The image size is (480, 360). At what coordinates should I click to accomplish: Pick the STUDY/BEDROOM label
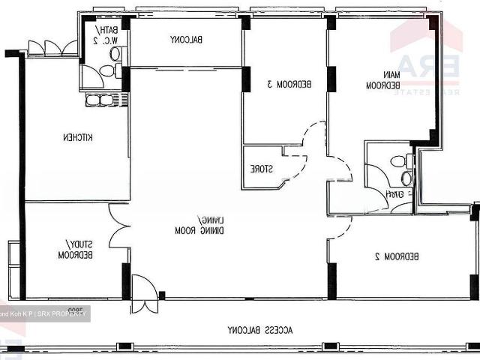click(76, 250)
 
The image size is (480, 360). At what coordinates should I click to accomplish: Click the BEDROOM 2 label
click(397, 256)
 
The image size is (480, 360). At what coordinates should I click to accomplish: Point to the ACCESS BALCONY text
click(262, 330)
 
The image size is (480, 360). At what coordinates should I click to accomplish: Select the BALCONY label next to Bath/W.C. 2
click(187, 39)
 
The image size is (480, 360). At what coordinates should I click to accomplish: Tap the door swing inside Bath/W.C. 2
click(91, 75)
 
